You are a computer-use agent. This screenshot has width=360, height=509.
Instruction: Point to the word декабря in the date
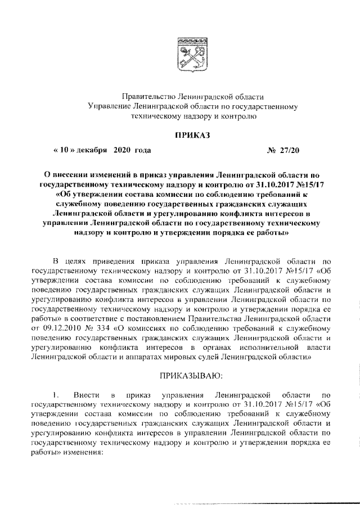point(93,151)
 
